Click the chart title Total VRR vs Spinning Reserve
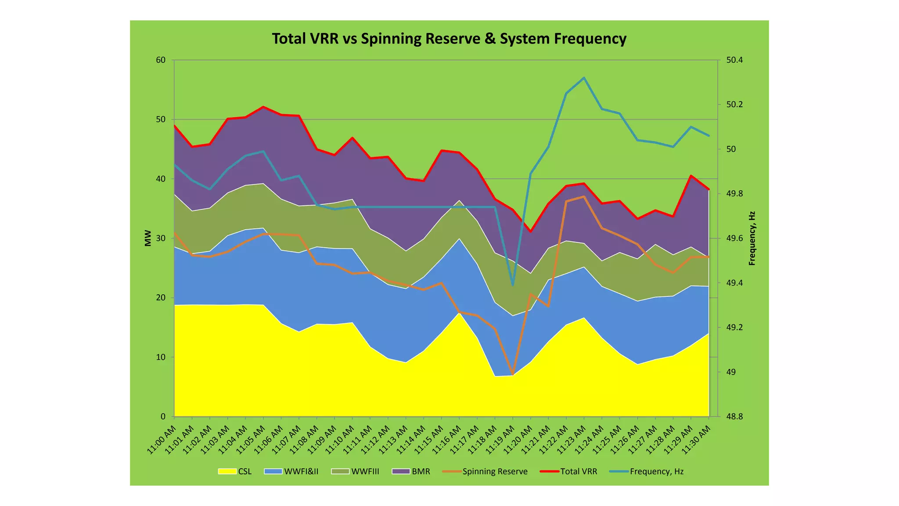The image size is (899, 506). coord(449,39)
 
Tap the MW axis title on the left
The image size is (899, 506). coord(148,238)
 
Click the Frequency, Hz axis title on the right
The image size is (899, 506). coord(752,238)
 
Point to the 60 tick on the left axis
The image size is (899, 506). coord(161,60)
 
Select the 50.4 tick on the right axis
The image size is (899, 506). coord(734,60)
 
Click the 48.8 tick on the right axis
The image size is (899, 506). coord(734,416)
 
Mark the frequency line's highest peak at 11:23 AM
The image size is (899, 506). coord(584,78)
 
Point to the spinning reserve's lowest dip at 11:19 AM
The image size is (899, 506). coord(513,374)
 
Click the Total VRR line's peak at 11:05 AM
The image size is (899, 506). coord(263,107)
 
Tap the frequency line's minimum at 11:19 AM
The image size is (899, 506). coord(513,285)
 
